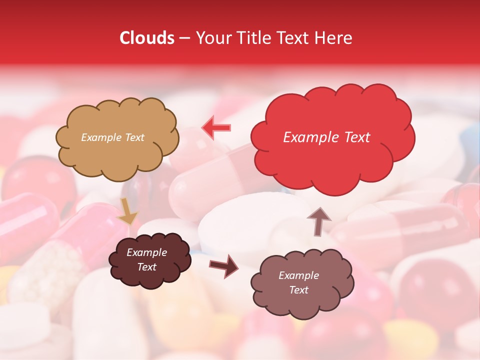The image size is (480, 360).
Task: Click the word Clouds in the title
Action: point(147,38)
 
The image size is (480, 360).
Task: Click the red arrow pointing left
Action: point(216,127)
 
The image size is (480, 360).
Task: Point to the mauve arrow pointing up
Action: point(318,220)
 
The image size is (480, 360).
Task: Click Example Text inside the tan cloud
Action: point(112,137)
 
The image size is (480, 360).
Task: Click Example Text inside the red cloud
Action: point(326,137)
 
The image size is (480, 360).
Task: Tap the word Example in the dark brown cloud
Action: point(146,252)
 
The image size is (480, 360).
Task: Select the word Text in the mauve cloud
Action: point(298,290)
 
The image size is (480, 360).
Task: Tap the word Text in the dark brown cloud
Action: point(146,267)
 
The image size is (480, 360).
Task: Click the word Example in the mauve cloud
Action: point(298,275)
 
